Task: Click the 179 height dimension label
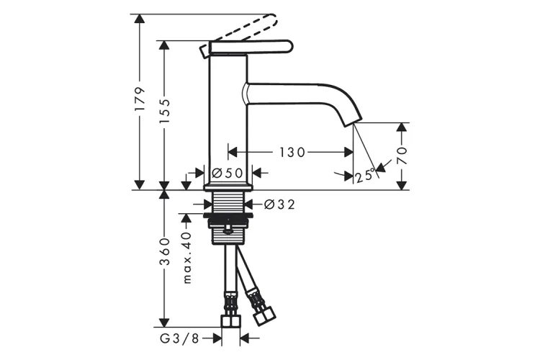pyautogui.click(x=140, y=99)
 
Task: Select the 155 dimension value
pyautogui.click(x=165, y=112)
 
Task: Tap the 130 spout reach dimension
pyautogui.click(x=292, y=152)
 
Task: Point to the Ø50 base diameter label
pyautogui.click(x=228, y=173)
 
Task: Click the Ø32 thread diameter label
pyautogui.click(x=279, y=204)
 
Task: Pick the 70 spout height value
pyautogui.click(x=402, y=156)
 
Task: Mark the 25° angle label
pyautogui.click(x=365, y=176)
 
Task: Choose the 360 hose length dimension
pyautogui.click(x=165, y=251)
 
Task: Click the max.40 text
pyautogui.click(x=186, y=257)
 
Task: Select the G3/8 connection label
pyautogui.click(x=180, y=338)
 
